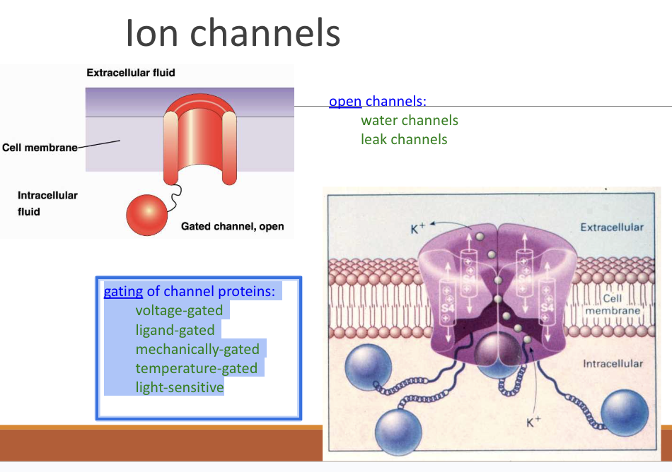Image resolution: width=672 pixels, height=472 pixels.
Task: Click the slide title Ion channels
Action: click(233, 33)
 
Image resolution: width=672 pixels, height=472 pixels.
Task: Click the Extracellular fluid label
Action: click(130, 73)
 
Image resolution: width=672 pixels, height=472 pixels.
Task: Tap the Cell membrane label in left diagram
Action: click(40, 148)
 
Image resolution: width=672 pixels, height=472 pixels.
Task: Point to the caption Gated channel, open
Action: click(232, 226)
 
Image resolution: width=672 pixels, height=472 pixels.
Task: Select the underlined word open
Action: click(345, 101)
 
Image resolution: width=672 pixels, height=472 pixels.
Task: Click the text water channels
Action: click(410, 120)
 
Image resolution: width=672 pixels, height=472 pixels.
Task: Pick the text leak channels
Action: click(404, 139)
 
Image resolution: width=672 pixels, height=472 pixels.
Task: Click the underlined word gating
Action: click(123, 291)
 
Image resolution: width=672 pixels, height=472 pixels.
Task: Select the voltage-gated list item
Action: click(179, 310)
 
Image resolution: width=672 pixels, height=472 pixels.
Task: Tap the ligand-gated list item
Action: click(175, 329)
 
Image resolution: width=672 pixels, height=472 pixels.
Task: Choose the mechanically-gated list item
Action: click(197, 349)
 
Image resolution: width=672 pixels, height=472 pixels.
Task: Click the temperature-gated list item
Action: click(196, 368)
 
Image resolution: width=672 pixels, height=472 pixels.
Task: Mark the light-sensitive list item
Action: click(180, 387)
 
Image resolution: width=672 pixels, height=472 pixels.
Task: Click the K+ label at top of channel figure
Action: click(418, 229)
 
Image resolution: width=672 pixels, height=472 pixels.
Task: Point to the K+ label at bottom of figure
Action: click(533, 423)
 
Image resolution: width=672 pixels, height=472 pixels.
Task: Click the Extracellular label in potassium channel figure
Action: click(612, 228)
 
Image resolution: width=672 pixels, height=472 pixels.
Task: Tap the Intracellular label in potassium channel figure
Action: click(613, 363)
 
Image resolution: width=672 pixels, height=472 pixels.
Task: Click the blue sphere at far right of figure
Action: click(625, 411)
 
